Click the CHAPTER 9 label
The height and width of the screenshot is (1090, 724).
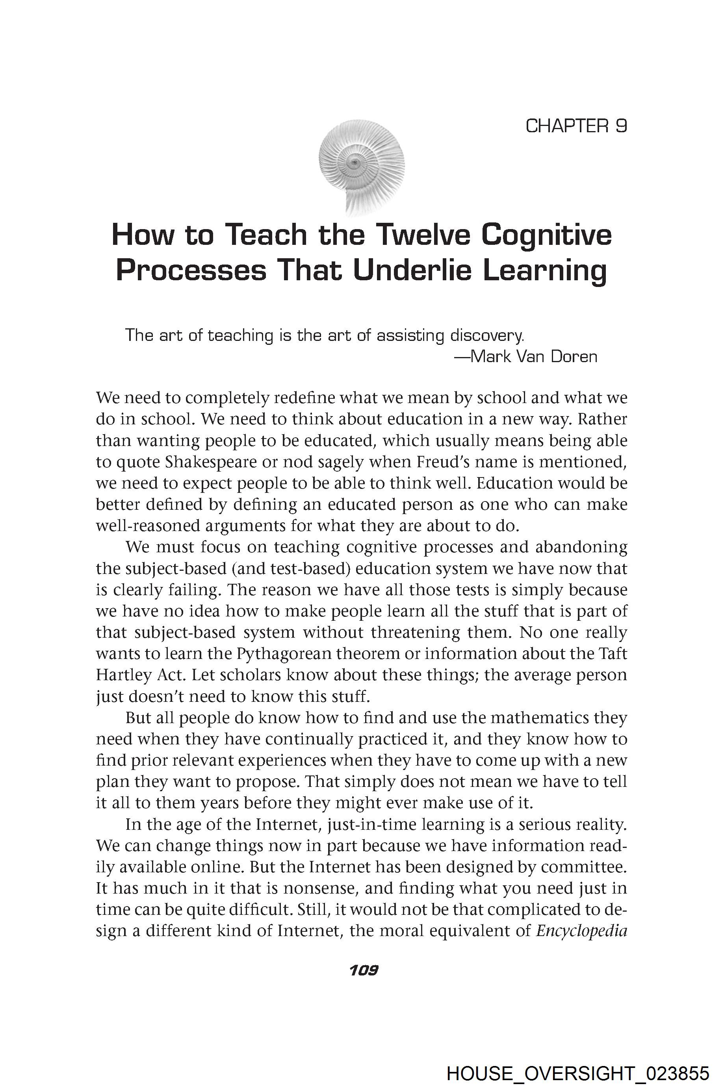pyautogui.click(x=576, y=126)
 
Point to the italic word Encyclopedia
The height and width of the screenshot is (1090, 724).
pyautogui.click(x=581, y=931)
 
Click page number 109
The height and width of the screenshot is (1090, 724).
pyautogui.click(x=364, y=970)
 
